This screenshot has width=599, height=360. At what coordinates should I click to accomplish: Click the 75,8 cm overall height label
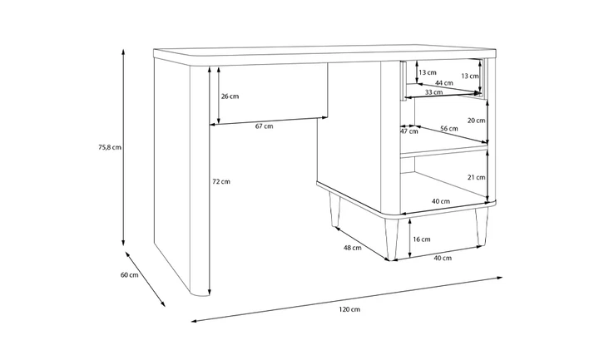click(x=110, y=147)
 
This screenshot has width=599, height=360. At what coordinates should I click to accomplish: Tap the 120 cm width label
click(x=349, y=309)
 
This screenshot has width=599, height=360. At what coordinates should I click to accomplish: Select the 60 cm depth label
click(x=130, y=275)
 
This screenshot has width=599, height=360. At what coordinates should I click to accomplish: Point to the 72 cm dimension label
click(x=221, y=182)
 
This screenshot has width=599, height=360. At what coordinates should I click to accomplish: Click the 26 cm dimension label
click(x=230, y=96)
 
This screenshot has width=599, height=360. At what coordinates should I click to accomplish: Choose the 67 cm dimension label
click(x=265, y=126)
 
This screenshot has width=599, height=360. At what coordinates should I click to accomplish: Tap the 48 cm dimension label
click(x=352, y=248)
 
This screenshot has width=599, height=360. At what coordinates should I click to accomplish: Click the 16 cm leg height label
click(x=422, y=239)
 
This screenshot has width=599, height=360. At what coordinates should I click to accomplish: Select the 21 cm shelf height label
click(x=477, y=177)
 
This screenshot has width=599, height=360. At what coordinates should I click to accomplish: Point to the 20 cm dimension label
click(x=477, y=121)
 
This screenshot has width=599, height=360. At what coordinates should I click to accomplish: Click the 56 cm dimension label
click(x=449, y=129)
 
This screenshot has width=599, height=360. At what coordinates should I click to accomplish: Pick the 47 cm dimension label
click(x=409, y=131)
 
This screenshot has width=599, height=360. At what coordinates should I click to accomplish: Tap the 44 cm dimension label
click(x=444, y=83)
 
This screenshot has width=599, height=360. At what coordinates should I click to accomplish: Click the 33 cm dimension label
click(x=434, y=92)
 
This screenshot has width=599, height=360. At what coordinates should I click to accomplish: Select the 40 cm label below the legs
click(x=443, y=258)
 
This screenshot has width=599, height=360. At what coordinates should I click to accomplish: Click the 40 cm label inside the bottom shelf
click(x=441, y=201)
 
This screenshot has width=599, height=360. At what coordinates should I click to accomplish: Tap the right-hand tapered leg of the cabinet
click(x=482, y=226)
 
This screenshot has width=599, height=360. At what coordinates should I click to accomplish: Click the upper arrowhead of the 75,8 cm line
click(x=123, y=51)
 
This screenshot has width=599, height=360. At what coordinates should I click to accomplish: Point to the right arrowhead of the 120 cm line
click(x=499, y=278)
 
